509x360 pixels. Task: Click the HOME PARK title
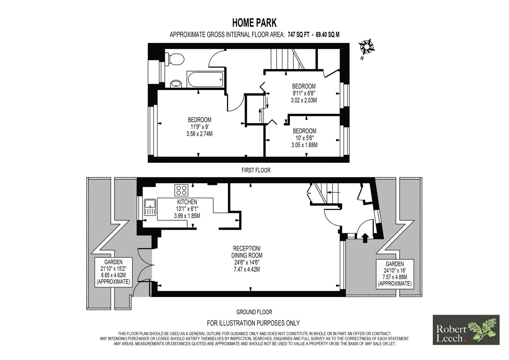[254, 23]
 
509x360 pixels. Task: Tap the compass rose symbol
[366, 47]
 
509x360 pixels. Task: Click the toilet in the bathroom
[175, 59]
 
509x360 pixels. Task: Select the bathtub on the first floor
[205, 79]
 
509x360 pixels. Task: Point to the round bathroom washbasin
[176, 84]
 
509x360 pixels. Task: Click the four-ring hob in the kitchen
[181, 190]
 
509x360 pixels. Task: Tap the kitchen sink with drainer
[150, 207]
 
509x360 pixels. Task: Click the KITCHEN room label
[187, 202]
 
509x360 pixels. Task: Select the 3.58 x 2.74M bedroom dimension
[199, 134]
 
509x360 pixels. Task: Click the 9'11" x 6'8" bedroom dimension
[304, 93]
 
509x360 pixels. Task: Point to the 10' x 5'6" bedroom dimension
[304, 138]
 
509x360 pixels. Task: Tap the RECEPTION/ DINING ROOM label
[247, 252]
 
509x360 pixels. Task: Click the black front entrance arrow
[365, 238]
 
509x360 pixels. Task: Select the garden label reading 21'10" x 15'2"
[113, 269]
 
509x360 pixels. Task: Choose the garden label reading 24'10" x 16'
[395, 271]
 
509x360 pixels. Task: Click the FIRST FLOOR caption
[256, 170]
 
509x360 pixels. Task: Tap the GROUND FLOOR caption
[254, 312]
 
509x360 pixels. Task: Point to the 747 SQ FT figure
[299, 35]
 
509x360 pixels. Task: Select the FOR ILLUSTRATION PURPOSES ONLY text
[253, 323]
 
